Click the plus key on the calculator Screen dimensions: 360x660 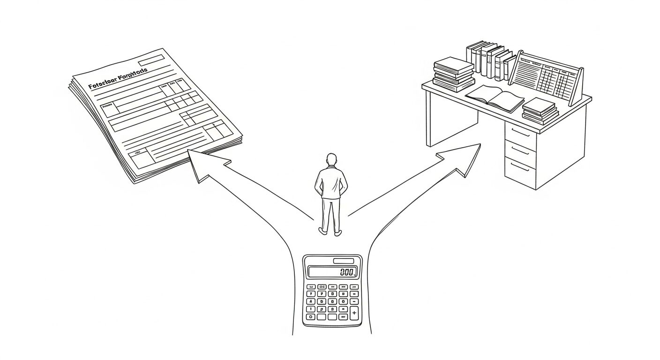354,313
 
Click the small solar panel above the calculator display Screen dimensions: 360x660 343,261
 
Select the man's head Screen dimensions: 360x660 331,160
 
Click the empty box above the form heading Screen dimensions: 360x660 151,60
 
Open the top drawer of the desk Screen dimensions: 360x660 521,134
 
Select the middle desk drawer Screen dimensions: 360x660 520,150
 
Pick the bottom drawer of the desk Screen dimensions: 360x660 520,169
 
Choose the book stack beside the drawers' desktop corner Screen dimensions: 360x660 540,111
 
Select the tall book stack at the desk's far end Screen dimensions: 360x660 453,74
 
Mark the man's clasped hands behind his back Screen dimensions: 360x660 331,189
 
